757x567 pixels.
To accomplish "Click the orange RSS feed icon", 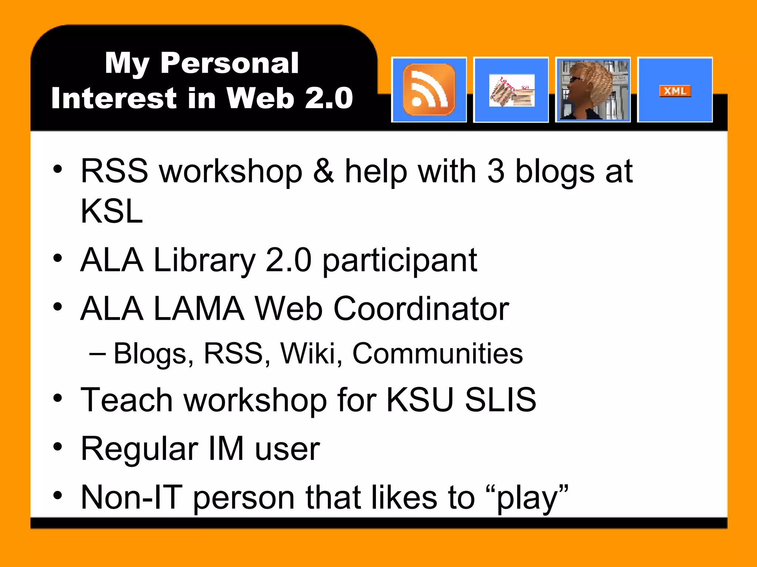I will (x=429, y=90).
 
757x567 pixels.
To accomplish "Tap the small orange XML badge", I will (x=675, y=91).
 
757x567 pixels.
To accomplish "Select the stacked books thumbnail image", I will (x=511, y=91).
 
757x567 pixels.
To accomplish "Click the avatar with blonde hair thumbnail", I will (x=593, y=90).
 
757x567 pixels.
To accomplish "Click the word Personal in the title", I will (x=229, y=63).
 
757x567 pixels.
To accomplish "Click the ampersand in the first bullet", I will (x=323, y=171).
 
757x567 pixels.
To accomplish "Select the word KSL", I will (x=112, y=211).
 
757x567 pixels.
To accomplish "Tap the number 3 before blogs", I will (x=496, y=171).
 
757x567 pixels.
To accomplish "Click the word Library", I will (x=204, y=261).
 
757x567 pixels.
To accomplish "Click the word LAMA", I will (x=199, y=309).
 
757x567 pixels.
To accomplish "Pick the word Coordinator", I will (x=421, y=309).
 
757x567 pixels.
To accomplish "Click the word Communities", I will (x=438, y=354).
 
